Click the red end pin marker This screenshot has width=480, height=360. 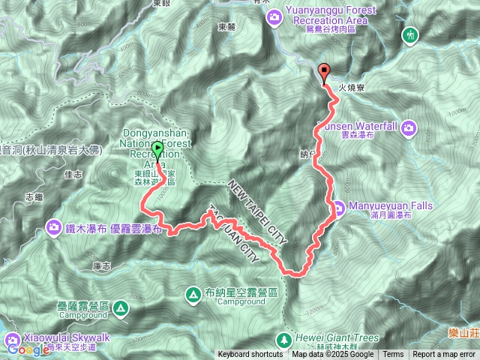click(325, 73)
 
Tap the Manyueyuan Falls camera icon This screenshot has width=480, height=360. click(339, 207)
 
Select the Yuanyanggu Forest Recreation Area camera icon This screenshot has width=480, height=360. click(275, 15)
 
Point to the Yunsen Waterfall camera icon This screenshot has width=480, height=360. click(409, 127)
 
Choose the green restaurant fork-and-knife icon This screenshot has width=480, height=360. click(409, 34)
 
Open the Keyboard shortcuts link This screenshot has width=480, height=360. click(251, 355)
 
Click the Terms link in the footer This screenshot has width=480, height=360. click(393, 355)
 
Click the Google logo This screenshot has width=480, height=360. click(28, 349)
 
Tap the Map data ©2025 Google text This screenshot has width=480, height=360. click(332, 355)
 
